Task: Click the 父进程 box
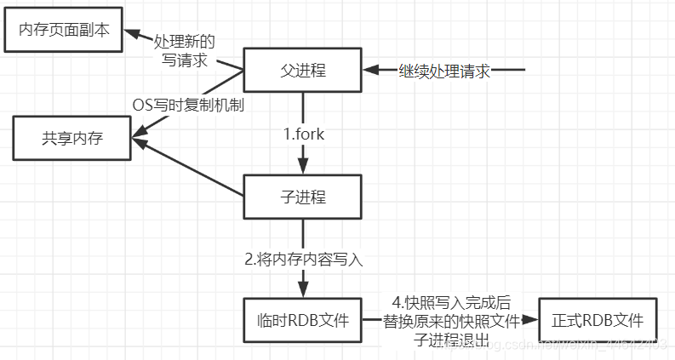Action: (303, 70)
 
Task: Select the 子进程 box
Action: (303, 197)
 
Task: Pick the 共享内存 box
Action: (72, 138)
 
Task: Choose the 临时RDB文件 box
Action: (303, 320)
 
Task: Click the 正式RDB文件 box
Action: (597, 320)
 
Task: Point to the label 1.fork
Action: (304, 134)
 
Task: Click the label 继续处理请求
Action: (444, 71)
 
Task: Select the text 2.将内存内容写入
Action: (303, 260)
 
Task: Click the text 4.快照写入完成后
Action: (451, 302)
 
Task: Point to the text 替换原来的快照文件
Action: (450, 322)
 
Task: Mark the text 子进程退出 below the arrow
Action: (450, 340)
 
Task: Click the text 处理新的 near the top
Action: (184, 41)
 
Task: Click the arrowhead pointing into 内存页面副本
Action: (134, 33)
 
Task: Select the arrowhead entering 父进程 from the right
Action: (369, 71)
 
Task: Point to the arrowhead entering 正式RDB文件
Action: (532, 321)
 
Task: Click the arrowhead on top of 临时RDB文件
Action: (303, 291)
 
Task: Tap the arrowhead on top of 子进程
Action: (303, 168)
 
